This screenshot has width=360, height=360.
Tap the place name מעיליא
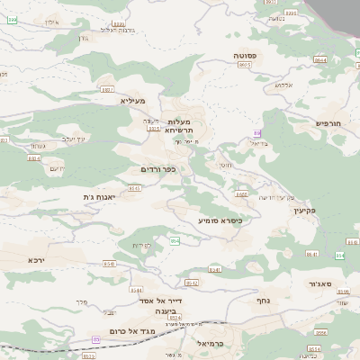pos(133,101)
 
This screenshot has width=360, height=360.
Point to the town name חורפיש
pos(330,123)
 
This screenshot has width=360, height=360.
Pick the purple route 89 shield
pos(257,133)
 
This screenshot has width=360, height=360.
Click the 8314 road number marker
pos(154,129)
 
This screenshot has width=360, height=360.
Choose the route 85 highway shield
pos(96,338)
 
